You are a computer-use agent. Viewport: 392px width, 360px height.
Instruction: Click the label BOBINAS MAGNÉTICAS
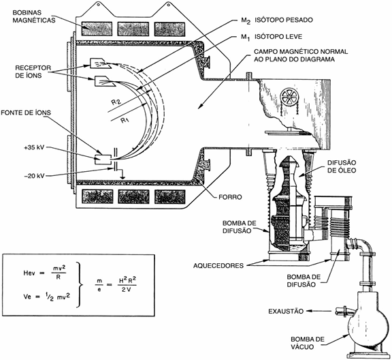(x=34, y=16)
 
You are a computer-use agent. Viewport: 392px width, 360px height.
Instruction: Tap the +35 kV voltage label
(x=34, y=147)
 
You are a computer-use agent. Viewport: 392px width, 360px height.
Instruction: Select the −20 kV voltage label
(x=34, y=176)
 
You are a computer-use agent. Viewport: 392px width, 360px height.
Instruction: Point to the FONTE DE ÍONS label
(x=26, y=112)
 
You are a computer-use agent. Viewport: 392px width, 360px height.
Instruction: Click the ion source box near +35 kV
(x=103, y=160)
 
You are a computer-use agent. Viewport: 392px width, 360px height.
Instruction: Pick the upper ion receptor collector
(x=99, y=63)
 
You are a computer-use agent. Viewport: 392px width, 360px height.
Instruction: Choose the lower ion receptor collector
(x=103, y=80)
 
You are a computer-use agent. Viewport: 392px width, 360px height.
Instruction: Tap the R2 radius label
(x=116, y=102)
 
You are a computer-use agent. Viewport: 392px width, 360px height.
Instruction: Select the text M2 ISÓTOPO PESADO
(x=277, y=20)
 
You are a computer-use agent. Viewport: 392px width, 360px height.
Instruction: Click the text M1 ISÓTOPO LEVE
(x=272, y=37)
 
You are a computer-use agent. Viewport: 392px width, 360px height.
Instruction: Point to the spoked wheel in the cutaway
(x=289, y=96)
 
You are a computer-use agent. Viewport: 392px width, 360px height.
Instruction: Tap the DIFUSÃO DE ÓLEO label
(x=342, y=166)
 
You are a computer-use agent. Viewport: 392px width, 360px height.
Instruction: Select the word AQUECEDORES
(x=218, y=265)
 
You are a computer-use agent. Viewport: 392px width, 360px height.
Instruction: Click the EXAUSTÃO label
(x=286, y=312)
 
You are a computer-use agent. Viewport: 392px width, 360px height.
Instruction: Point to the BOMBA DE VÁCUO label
(x=308, y=343)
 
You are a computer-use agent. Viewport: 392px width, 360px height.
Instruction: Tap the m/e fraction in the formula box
(x=99, y=285)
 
